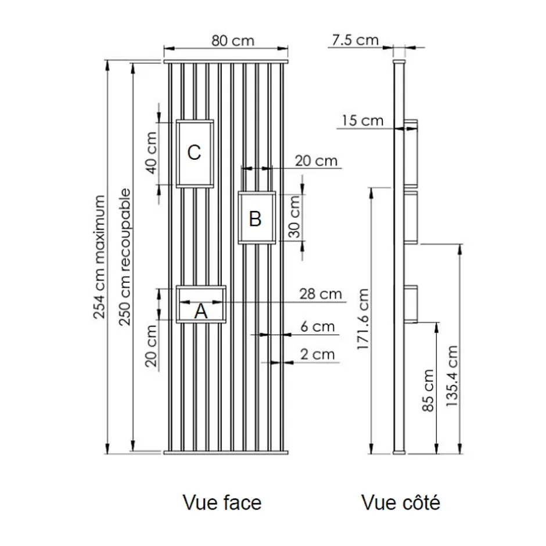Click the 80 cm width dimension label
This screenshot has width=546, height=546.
233,41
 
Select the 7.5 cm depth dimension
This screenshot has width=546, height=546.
355,40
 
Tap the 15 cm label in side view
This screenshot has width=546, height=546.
362,121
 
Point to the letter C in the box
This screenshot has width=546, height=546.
194,152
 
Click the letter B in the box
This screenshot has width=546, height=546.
255,219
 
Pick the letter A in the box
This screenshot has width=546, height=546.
201,311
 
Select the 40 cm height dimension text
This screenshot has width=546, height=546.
152,153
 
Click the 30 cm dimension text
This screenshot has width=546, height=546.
294,217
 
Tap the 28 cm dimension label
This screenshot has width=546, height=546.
321,294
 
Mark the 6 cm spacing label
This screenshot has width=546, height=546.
318,326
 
